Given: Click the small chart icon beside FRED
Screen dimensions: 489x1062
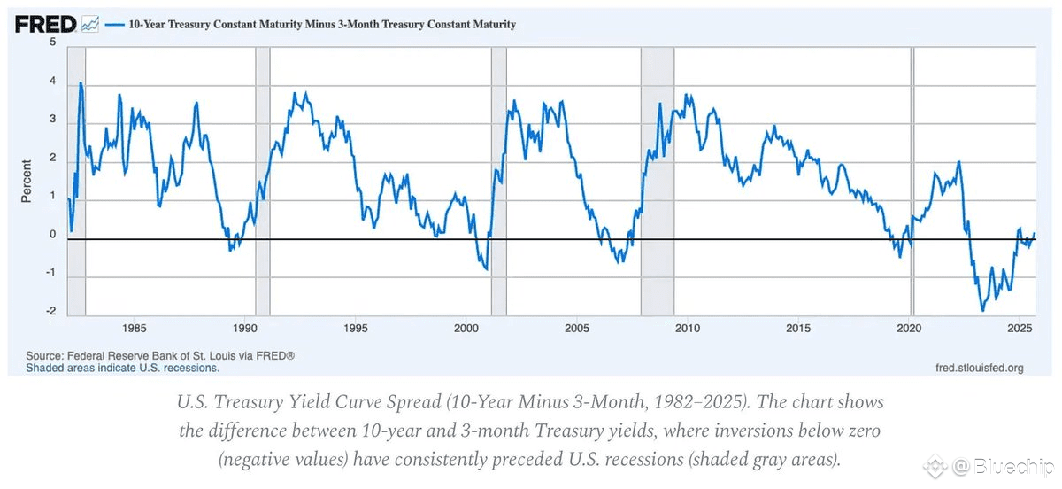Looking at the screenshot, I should pos(90,25).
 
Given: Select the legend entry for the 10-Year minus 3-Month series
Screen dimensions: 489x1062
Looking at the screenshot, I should pos(310,25).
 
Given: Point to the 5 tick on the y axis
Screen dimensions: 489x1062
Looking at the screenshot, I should pos(53,42).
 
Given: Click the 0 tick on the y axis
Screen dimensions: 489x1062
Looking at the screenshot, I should pos(53,235).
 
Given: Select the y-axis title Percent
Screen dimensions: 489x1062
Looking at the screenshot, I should pos(26,181).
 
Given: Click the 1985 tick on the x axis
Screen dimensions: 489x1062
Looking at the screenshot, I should pos(135,329).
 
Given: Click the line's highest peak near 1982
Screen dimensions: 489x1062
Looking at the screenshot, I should pos(81,83).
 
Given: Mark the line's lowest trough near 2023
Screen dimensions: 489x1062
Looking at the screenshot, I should pos(982,310).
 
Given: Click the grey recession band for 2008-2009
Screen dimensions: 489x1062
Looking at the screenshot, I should pos(658,177).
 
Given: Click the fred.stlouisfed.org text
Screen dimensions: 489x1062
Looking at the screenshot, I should pos(979,367).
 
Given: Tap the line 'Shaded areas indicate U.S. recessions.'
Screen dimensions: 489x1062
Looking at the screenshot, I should pos(122,367).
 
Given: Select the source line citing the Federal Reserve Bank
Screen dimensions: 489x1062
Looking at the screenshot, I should pos(159,355).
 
